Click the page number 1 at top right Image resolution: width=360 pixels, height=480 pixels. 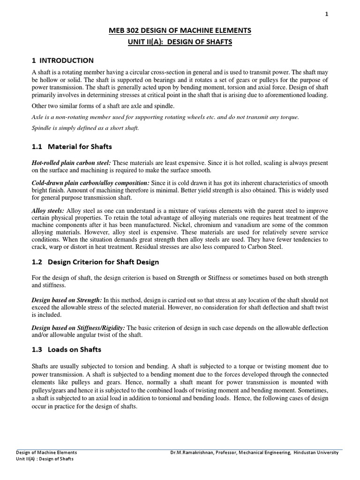click(x=327, y=15)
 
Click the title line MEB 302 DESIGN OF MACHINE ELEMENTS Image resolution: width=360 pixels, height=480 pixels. click(x=180, y=31)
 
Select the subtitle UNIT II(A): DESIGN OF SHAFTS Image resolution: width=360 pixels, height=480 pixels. click(x=180, y=42)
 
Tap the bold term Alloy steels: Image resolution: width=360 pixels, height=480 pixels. click(x=48, y=211)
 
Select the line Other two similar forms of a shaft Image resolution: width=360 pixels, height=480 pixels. click(x=103, y=106)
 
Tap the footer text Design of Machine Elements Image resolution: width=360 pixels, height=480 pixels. click(x=46, y=452)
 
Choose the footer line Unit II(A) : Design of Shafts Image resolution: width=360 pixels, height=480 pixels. click(x=45, y=459)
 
